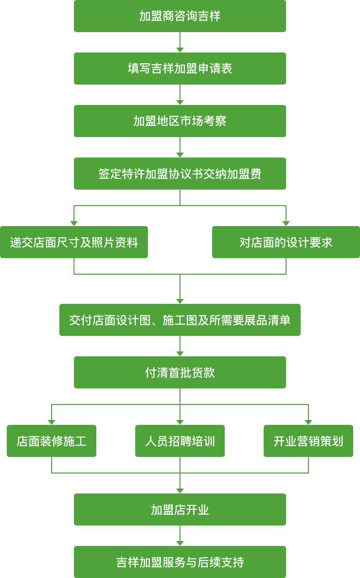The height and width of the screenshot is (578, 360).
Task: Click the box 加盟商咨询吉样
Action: [x=180, y=16]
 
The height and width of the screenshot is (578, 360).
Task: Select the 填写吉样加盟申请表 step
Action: [x=180, y=69]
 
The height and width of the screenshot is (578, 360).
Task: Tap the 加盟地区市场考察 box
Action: [x=180, y=121]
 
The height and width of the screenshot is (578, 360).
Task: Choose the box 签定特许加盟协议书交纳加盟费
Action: [x=180, y=174]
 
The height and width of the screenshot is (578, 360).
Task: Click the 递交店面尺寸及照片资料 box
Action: [x=74, y=242]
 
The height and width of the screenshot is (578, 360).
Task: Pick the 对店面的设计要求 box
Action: [x=286, y=242]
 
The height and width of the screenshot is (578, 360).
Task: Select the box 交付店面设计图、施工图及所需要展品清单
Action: [x=180, y=320]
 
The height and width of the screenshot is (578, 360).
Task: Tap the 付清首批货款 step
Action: [x=180, y=372]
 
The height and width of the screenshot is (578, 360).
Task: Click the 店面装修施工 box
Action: [x=52, y=441]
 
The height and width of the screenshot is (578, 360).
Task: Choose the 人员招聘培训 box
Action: [x=180, y=441]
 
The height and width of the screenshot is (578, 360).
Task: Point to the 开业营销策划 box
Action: [x=308, y=441]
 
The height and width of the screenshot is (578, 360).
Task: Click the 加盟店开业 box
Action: [x=180, y=509]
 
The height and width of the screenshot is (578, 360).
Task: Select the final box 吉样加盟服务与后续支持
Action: [x=180, y=562]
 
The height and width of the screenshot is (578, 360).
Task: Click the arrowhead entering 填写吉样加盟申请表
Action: [x=180, y=50]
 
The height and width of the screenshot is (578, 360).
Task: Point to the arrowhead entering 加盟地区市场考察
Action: [x=180, y=103]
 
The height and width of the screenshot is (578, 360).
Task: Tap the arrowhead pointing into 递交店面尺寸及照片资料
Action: [x=74, y=224]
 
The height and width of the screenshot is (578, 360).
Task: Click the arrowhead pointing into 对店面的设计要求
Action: [x=286, y=224]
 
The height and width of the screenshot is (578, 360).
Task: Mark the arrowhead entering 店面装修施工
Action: [x=52, y=422]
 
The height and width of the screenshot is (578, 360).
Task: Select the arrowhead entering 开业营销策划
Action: [x=308, y=422]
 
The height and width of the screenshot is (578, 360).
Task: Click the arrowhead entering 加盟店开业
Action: [x=180, y=491]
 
